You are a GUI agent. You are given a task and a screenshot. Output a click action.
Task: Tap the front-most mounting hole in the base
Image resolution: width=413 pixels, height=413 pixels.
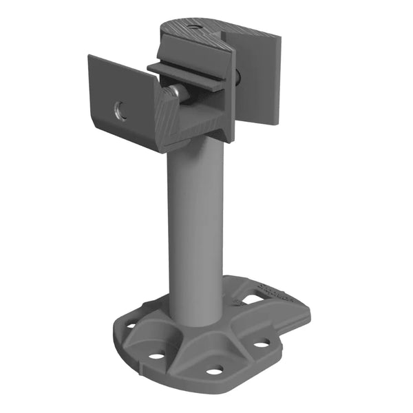[x=215, y=370]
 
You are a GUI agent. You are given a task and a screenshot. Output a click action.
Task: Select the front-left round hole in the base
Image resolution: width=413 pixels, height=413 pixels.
[x=157, y=355]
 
